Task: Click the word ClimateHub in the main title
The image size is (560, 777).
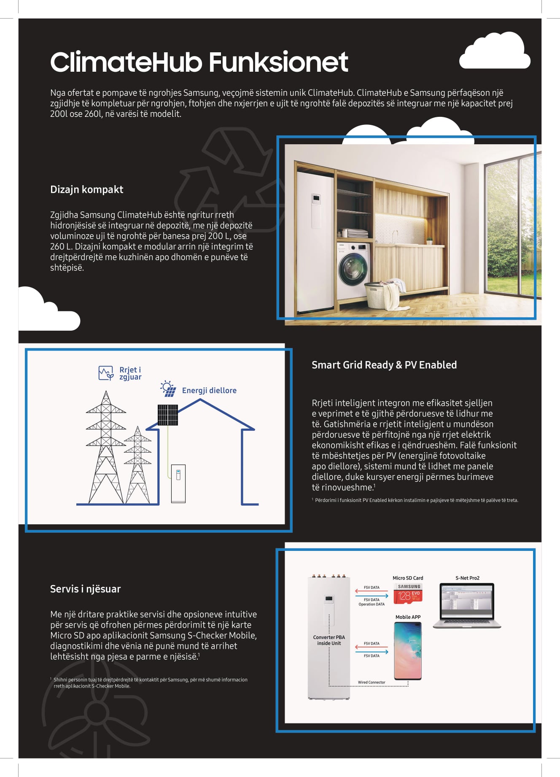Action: coord(127,62)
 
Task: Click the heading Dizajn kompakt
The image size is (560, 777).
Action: coord(86,189)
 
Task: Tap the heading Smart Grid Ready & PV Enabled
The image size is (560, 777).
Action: coord(384,365)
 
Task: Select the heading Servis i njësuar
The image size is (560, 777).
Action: coord(85,589)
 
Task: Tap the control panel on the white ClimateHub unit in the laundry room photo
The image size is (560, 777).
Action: coord(316,199)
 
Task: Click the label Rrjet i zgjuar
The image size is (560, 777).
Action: coord(130,373)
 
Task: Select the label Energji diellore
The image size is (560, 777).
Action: coord(209,391)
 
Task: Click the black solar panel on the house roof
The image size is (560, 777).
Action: coord(167,415)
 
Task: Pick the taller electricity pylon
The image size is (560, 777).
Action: coord(105,447)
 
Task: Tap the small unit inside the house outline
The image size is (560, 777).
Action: coord(178,483)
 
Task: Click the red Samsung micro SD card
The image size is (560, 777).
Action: coord(408,594)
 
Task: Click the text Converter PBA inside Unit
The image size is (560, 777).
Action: coord(329,640)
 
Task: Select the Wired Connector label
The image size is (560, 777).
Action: coord(372,682)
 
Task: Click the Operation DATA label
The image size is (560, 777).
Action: coord(372,604)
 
